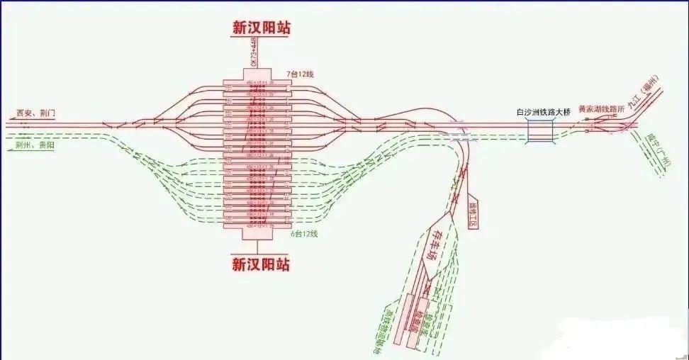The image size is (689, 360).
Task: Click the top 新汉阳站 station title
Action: click(261, 28)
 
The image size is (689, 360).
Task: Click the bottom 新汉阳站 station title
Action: click(261, 264)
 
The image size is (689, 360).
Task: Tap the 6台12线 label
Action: click(305, 233)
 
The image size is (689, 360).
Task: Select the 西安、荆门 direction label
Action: click(35, 113)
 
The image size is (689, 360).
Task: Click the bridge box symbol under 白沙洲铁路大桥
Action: click(541, 131)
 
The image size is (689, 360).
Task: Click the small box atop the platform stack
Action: click(257, 74)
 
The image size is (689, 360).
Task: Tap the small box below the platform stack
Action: click(257, 234)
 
